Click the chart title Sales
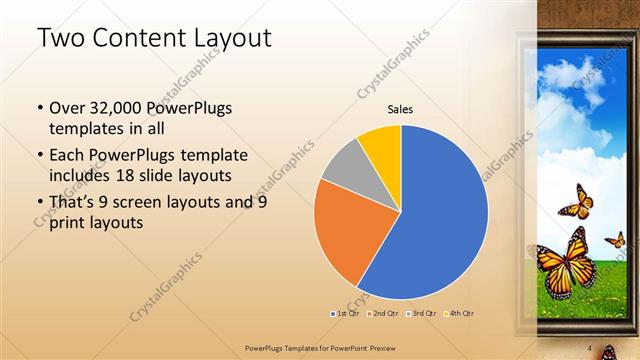coord(400,109)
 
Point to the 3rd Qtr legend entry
coord(421,313)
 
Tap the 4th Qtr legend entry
coord(460,313)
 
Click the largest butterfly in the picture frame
coord(566,262)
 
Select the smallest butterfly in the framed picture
coord(616,239)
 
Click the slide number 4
coord(590,348)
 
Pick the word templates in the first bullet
coord(84,130)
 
